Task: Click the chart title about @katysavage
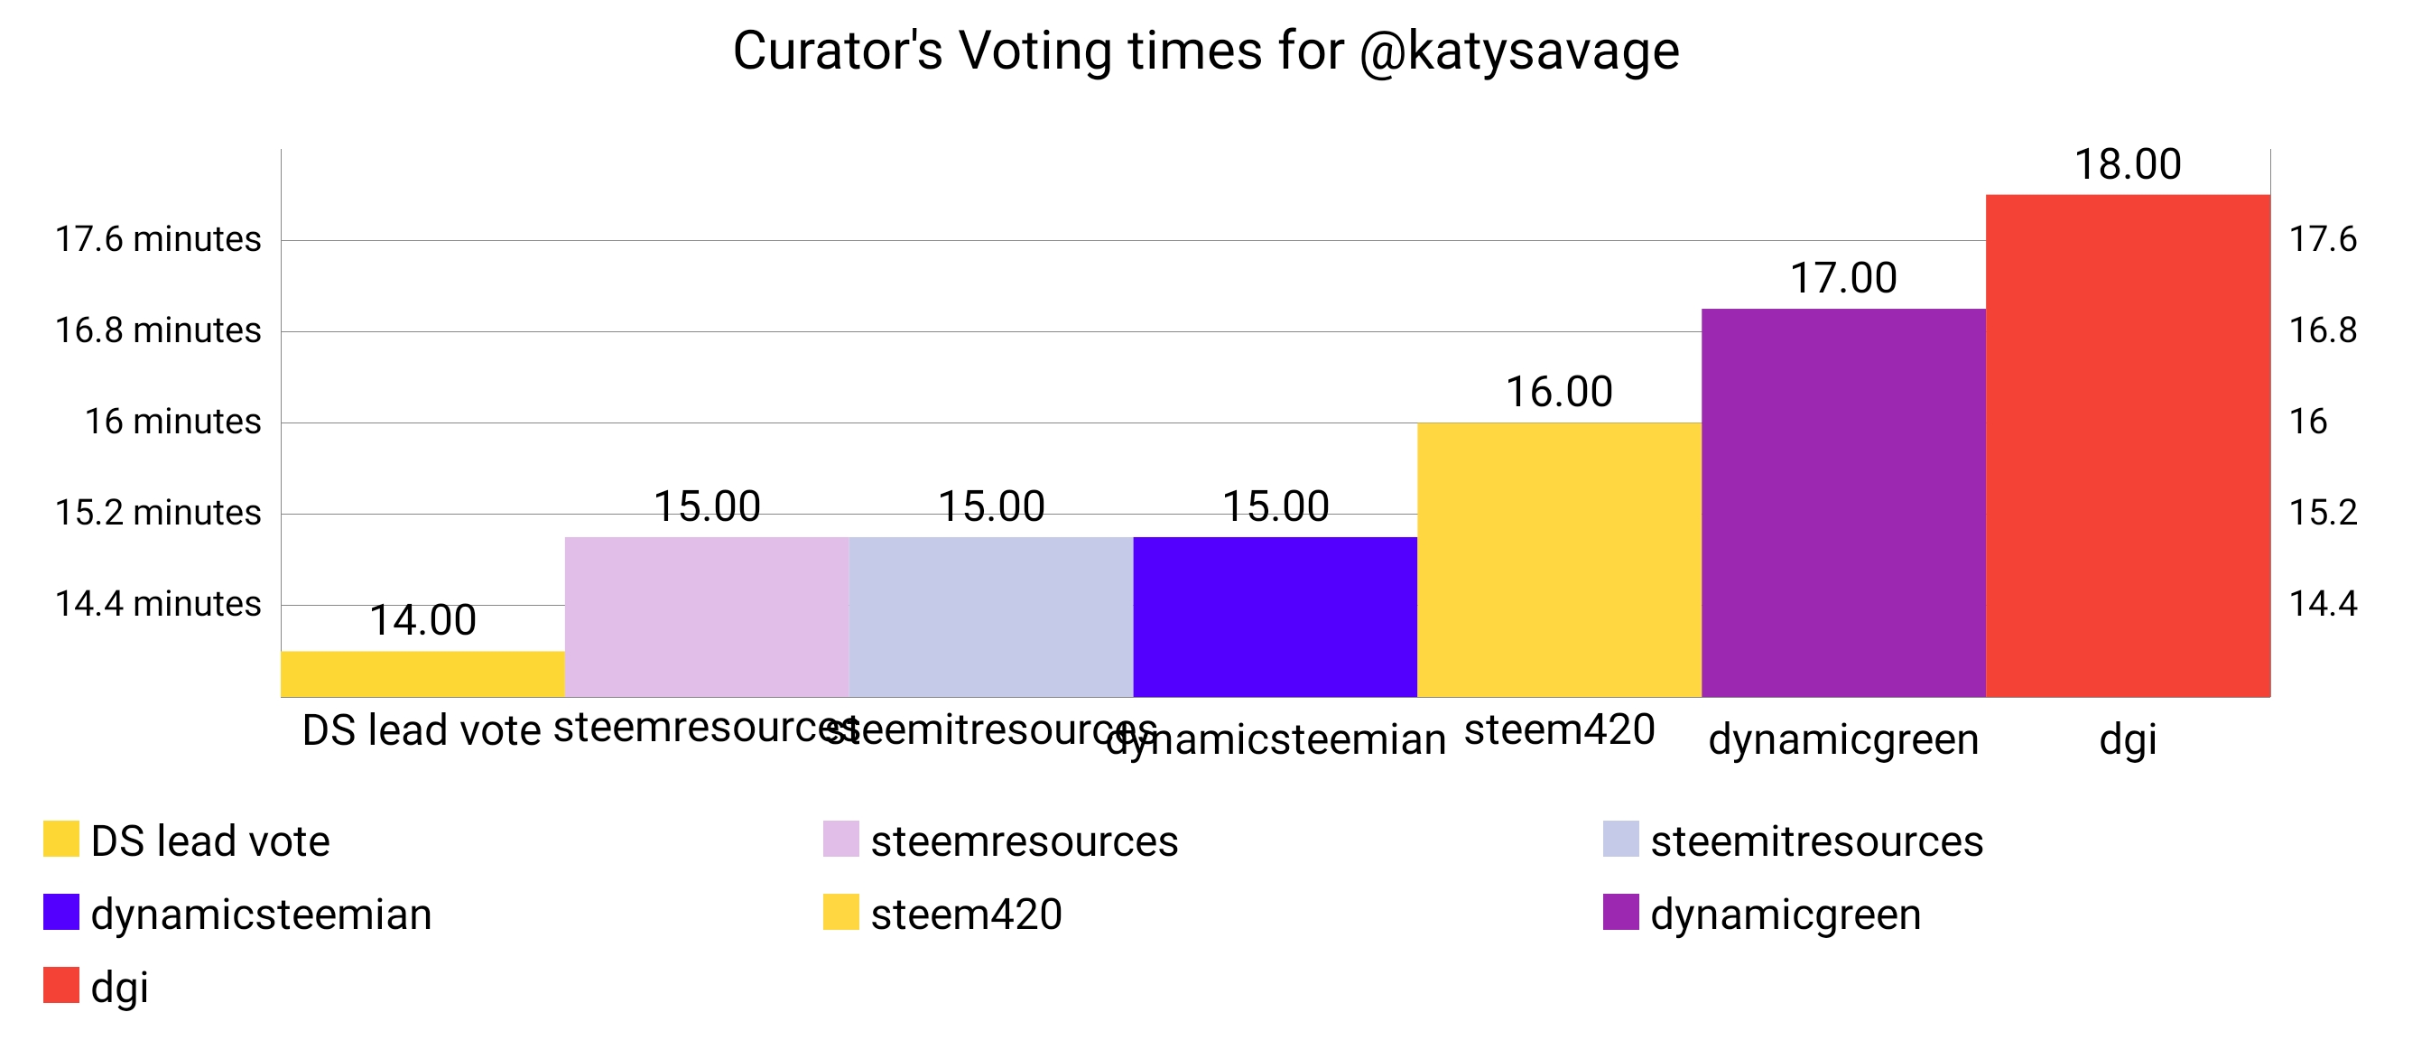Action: (x=1205, y=51)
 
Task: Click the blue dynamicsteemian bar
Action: (x=1275, y=617)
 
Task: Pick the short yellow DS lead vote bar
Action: (x=422, y=674)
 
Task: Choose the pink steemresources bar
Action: (x=707, y=617)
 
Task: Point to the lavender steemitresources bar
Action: (x=990, y=617)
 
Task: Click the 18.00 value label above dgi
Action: (x=2128, y=164)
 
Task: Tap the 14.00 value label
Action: (x=422, y=620)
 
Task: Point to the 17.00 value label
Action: (x=1842, y=278)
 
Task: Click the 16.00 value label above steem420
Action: (x=1559, y=392)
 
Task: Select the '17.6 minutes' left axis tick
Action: (x=157, y=239)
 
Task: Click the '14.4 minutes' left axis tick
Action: (x=157, y=604)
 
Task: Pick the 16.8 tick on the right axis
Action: (x=2322, y=330)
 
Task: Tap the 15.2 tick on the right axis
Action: (x=2322, y=513)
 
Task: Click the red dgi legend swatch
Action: (x=60, y=985)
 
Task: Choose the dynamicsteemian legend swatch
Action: (x=60, y=912)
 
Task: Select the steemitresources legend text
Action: (x=1816, y=840)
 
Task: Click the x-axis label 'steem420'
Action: (x=1559, y=730)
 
